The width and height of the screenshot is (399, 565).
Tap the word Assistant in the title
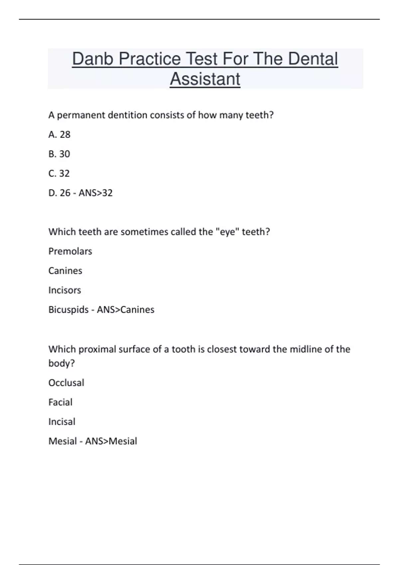pos(205,79)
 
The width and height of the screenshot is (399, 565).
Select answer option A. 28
pos(59,135)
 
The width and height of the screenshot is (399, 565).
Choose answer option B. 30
pos(59,154)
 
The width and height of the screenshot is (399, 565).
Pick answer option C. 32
pos(59,173)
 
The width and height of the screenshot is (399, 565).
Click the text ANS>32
pos(95,193)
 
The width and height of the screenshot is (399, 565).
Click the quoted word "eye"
pos(228,232)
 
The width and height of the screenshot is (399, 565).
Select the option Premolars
pos(70,251)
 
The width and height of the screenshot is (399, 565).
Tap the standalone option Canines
pos(65,271)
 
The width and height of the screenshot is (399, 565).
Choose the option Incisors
pos(65,290)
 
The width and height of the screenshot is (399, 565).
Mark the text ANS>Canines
pos(125,310)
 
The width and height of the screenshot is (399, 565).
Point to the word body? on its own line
pos(62,363)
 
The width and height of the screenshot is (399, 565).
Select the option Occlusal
pos(66,383)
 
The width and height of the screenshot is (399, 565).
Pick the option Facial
pos(60,402)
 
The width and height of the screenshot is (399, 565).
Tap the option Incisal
pos(62,422)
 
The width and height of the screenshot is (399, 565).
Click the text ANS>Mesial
pos(111,441)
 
